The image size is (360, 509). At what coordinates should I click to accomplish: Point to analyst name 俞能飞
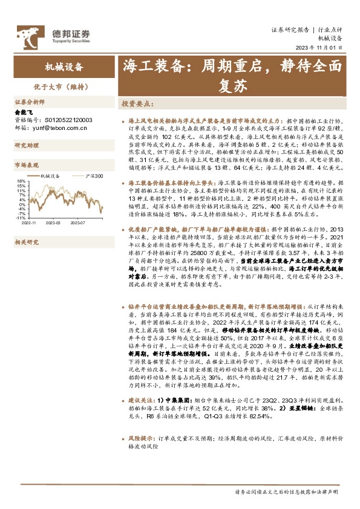[24, 112]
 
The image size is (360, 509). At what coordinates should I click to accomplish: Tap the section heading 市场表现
[26, 164]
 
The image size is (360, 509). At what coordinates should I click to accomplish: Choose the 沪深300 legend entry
[91, 176]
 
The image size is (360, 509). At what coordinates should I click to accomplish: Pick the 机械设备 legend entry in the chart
[50, 176]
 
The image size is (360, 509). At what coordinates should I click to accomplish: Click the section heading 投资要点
[136, 103]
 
